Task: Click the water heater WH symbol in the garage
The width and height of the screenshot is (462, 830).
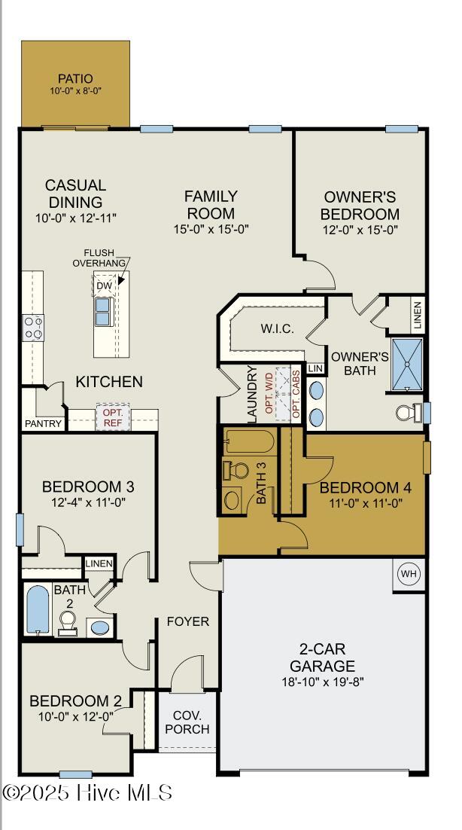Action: click(409, 575)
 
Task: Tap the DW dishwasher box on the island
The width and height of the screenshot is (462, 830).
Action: click(105, 285)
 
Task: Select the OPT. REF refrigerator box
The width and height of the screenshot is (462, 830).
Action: click(112, 417)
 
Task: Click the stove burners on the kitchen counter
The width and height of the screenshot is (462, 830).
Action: click(34, 327)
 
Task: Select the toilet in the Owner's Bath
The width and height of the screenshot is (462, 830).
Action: click(407, 413)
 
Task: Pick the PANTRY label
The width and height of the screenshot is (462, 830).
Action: click(44, 424)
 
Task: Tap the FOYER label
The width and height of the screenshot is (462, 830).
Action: click(187, 621)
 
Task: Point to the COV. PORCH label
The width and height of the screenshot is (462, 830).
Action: click(187, 722)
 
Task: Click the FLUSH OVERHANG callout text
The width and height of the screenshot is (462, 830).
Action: click(99, 258)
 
